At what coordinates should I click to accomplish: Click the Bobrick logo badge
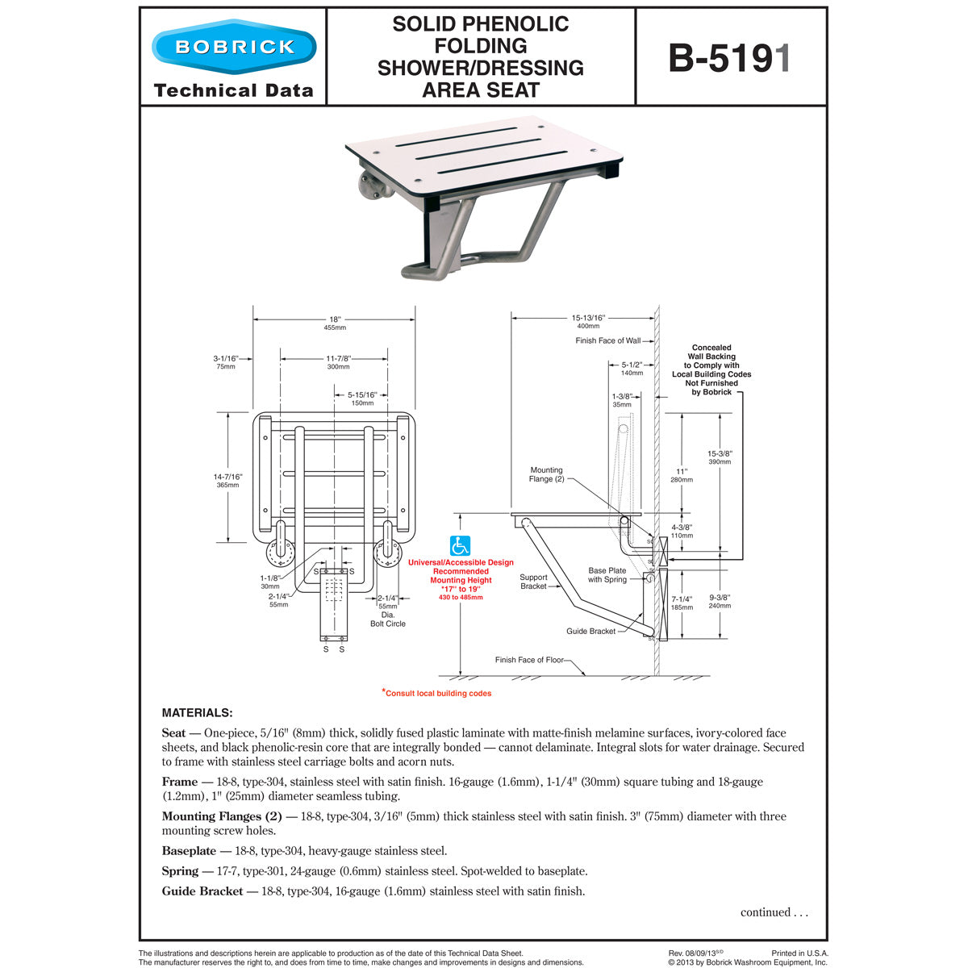tap(234, 46)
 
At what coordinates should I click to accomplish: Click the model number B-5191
tap(730, 58)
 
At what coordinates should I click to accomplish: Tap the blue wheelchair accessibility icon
tap(460, 546)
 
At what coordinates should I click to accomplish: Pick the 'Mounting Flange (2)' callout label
tap(546, 474)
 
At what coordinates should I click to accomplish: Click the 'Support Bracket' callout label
tap(533, 582)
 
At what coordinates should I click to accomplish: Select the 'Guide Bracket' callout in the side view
tap(590, 631)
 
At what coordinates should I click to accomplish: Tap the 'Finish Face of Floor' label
tap(529, 660)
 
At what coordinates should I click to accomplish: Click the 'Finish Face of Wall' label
tap(607, 340)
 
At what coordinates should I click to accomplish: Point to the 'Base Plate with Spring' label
tap(607, 574)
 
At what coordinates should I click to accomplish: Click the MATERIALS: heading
tap(197, 713)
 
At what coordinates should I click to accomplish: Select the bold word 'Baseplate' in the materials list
tap(189, 850)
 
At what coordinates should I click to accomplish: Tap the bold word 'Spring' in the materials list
tap(180, 871)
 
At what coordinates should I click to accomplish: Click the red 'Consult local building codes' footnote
tap(436, 693)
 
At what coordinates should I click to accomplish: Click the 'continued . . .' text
tap(774, 912)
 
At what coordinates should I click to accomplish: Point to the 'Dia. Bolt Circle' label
tap(388, 620)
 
